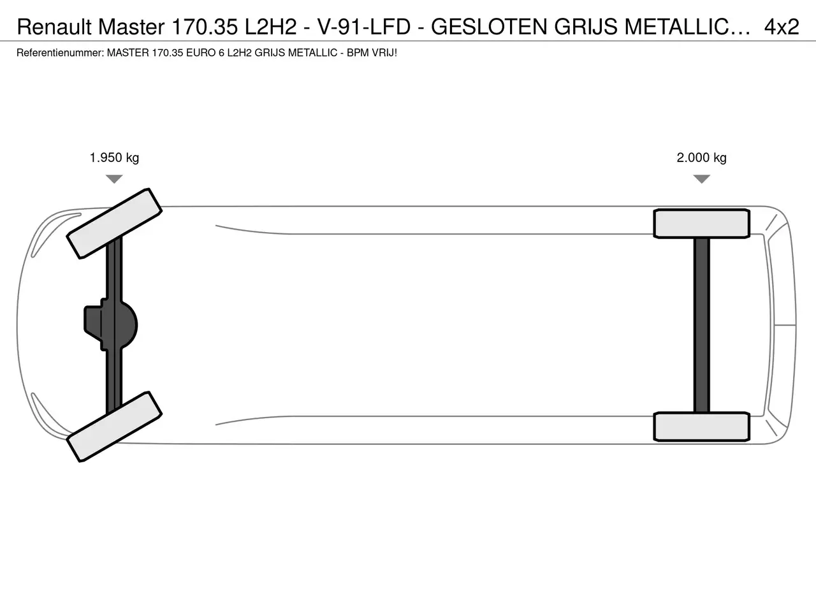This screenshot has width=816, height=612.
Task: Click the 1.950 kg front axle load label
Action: tap(114, 157)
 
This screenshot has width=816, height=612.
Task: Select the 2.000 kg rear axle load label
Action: tap(701, 157)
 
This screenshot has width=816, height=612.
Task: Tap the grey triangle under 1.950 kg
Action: tap(114, 178)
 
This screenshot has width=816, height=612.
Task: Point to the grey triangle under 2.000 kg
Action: tap(702, 178)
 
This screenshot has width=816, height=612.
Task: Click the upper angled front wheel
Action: tap(114, 223)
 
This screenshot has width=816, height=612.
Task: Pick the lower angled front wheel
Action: tap(114, 426)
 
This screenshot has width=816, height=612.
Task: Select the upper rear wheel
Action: tap(701, 224)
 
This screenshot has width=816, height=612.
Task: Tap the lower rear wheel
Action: tap(701, 426)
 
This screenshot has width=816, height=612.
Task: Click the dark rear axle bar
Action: tap(702, 325)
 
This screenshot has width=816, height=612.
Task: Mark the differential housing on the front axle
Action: tap(111, 324)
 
